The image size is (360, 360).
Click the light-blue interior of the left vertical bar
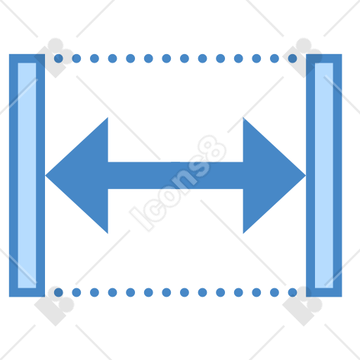[27, 175]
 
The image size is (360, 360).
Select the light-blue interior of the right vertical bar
[324, 175]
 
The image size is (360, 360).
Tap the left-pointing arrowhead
[77, 175]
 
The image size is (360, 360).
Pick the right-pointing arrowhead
[274, 175]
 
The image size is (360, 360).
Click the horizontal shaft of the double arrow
[175, 175]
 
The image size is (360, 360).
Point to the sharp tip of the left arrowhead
[46, 175]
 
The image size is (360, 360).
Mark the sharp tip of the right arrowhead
[306, 175]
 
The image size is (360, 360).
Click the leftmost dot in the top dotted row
[58, 58]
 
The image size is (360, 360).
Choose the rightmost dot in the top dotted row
[292, 58]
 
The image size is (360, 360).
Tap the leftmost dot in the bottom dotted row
[58, 292]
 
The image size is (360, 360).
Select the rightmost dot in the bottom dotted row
[292, 292]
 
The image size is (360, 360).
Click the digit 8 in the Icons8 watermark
[212, 149]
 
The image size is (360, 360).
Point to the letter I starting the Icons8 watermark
[141, 219]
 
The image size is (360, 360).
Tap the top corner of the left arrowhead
[108, 117]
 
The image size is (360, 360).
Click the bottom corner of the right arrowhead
[243, 233]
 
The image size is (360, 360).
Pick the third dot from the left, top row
[94, 58]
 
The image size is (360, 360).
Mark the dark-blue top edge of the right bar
[324, 58]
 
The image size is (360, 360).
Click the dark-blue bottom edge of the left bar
[27, 292]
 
